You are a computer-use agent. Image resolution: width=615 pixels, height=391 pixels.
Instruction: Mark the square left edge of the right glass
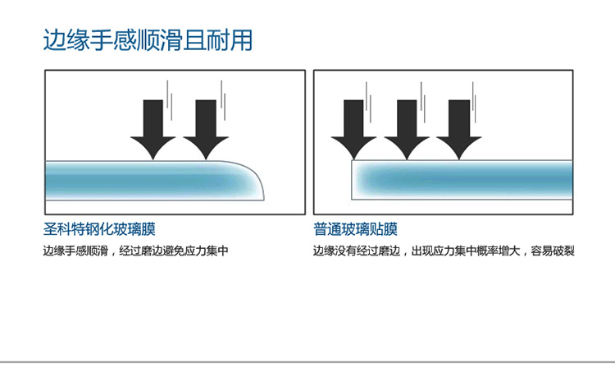(353, 179)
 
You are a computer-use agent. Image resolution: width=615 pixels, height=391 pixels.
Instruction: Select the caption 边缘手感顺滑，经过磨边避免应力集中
(134, 251)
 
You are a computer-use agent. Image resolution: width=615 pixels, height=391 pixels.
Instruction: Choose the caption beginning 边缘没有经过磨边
(443, 251)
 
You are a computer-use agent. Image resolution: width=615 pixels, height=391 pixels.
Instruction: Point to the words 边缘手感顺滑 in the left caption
(75, 251)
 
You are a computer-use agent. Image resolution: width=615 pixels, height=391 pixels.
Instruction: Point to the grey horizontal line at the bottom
(307, 361)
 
